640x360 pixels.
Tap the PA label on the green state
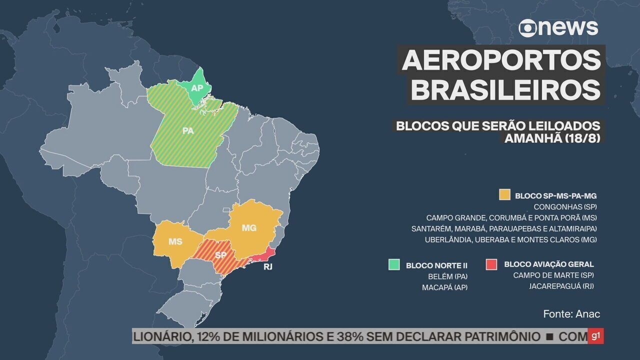(x=188, y=131)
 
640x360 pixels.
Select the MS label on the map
(x=175, y=241)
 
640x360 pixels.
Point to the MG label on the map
(x=248, y=228)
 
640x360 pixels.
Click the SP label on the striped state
(x=220, y=255)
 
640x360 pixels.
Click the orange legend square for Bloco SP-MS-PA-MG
(x=504, y=195)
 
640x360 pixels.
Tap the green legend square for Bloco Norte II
(x=394, y=264)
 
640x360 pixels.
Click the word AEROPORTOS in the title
(x=501, y=60)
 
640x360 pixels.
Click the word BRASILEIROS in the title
(x=507, y=90)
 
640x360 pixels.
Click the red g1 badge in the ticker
(x=595, y=336)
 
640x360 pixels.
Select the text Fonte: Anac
(x=571, y=314)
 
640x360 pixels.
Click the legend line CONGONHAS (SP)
(x=565, y=206)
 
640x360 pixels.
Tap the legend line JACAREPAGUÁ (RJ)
(x=561, y=286)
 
